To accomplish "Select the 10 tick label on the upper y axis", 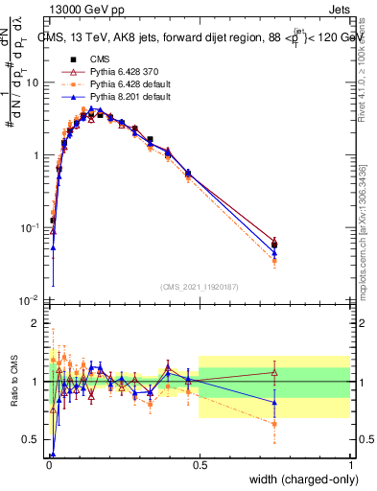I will coord(33,82).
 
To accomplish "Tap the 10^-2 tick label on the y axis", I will coord(30,301).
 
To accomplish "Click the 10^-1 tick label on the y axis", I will coord(30,228).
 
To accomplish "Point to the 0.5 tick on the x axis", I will coord(199,464).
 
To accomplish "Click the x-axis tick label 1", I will coord(352,464).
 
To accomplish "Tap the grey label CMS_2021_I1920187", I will coord(199,288).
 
